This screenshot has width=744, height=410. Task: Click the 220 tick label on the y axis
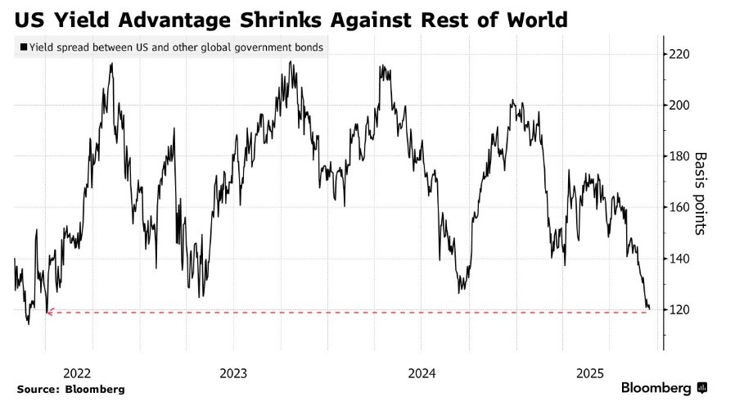pos(681,54)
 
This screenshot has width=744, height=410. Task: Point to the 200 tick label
pos(681,106)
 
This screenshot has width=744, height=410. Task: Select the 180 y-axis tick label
pos(681,156)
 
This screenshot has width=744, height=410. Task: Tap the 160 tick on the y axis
pos(681,207)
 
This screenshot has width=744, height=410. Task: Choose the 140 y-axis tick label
pos(681,259)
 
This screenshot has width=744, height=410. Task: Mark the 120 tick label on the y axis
pos(681,309)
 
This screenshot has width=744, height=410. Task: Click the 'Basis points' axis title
pos(701,193)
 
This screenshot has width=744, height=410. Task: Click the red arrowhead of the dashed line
pos(50,312)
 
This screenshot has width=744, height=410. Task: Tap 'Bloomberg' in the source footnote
pos(97,390)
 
